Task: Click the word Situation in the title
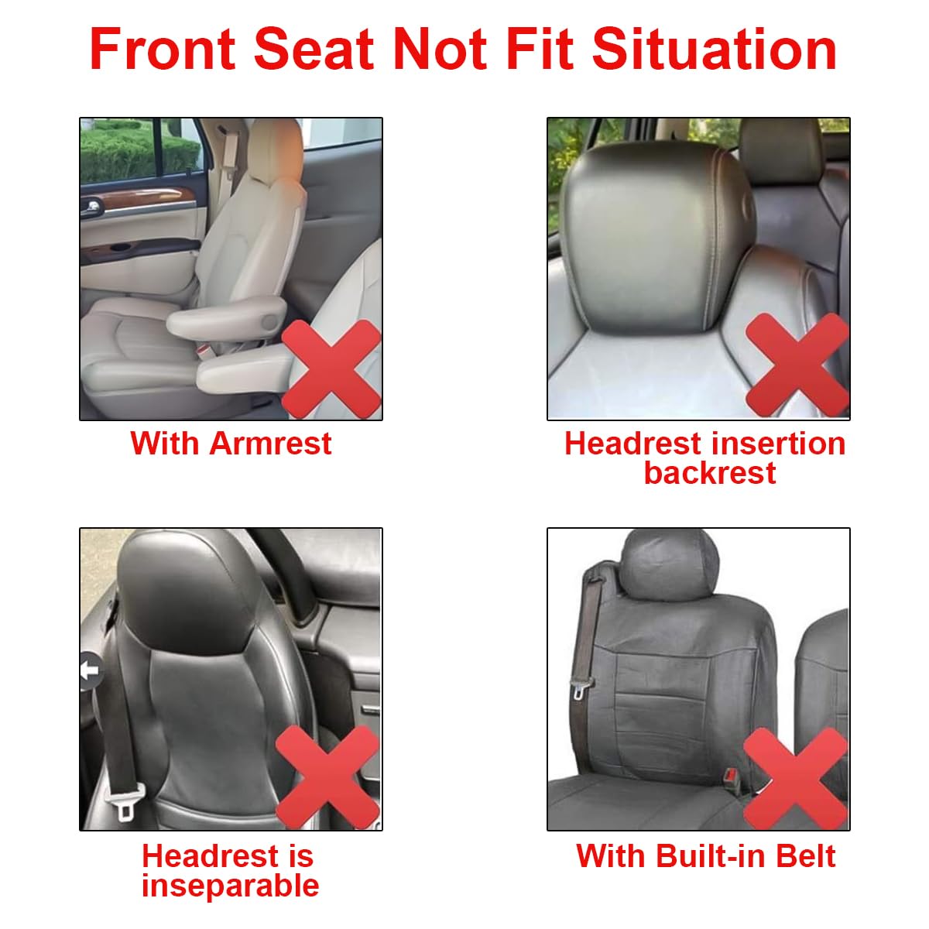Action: tap(714, 49)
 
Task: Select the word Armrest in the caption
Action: tap(270, 444)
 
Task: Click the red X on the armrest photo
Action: tap(331, 369)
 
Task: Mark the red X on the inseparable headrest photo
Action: tap(327, 776)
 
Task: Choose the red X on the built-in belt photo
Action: tap(796, 778)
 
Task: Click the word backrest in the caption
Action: tap(709, 473)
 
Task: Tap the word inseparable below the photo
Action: tap(230, 886)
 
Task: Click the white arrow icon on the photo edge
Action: tap(91, 670)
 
